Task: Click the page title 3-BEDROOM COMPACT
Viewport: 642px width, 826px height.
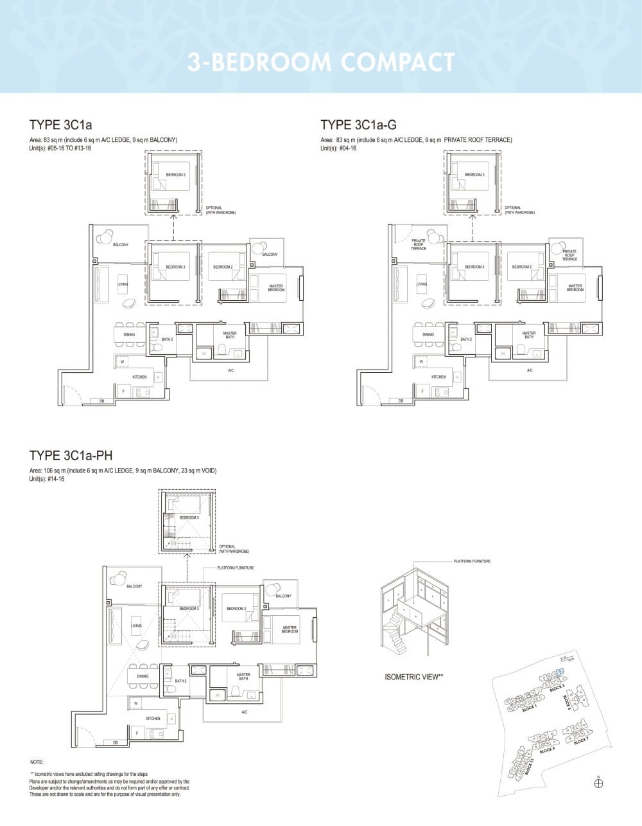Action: click(321, 62)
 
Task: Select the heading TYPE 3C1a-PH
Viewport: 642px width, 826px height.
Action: click(71, 456)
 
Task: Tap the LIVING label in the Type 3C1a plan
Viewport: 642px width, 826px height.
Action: click(123, 284)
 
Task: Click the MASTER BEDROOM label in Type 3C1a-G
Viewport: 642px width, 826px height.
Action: click(575, 288)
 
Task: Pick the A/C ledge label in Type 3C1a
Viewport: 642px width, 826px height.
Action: click(230, 371)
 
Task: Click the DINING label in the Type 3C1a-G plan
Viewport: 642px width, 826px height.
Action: click(428, 334)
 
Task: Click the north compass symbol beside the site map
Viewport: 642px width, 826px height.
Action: click(599, 782)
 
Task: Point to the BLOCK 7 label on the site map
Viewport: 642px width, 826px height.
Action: click(581, 741)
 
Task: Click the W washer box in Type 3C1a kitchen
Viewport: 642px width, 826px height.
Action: click(122, 362)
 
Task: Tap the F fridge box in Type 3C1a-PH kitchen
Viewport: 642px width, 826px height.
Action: click(136, 732)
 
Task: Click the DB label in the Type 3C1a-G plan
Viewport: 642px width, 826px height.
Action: click(401, 401)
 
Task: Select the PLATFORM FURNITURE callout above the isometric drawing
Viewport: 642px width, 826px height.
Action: click(472, 561)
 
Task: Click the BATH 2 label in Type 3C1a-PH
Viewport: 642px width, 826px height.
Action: click(181, 681)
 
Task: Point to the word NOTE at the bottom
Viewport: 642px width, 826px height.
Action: click(37, 762)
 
